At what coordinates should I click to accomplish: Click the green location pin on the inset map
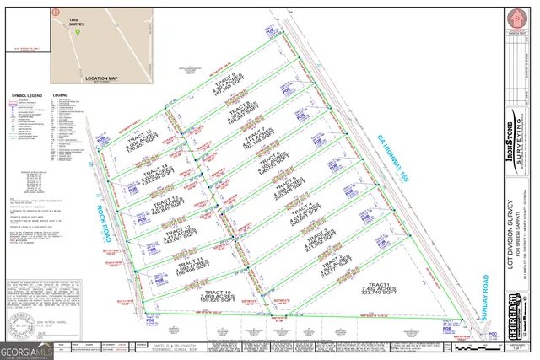click(78, 34)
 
